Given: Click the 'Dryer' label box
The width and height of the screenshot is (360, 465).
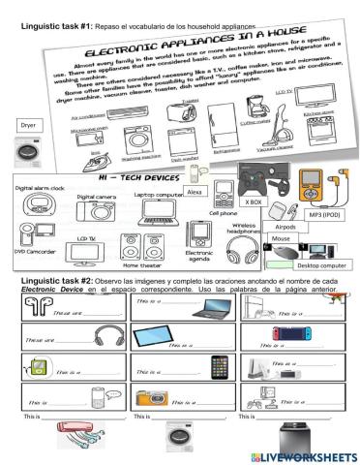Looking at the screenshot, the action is click(x=28, y=125).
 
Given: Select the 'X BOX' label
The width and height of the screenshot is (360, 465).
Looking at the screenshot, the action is click(x=254, y=202).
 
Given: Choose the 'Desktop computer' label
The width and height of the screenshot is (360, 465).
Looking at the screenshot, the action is click(x=321, y=265).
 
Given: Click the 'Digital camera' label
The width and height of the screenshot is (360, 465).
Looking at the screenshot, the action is click(x=95, y=196).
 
